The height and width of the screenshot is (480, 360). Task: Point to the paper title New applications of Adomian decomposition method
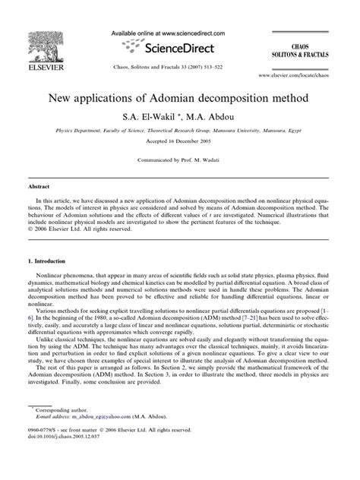click(x=179, y=99)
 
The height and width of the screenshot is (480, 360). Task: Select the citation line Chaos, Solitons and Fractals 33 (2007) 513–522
click(x=179, y=66)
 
